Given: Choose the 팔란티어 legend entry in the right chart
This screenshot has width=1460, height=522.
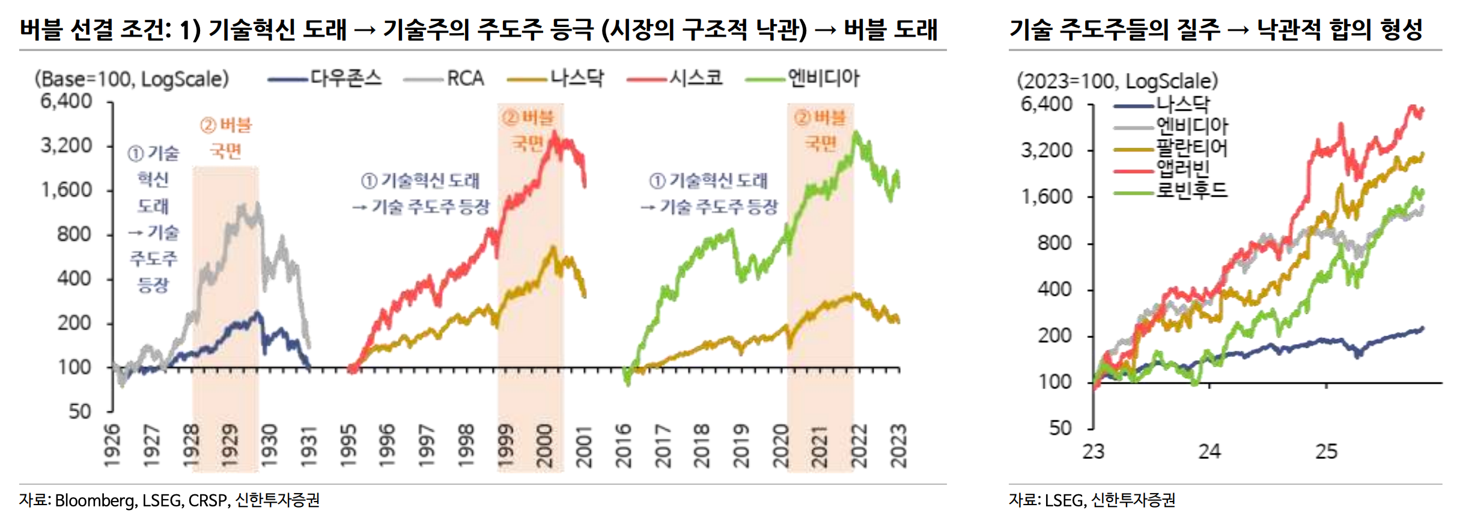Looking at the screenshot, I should point(1192,148).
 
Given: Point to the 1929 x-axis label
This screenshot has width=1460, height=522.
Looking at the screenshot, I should point(230,446).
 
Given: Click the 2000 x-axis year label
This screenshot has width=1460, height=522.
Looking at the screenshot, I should point(544,446).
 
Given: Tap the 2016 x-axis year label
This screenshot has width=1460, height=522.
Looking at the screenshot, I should point(623,446).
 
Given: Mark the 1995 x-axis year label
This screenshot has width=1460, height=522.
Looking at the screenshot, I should point(348,446).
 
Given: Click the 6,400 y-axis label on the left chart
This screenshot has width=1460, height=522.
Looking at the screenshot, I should point(66,101).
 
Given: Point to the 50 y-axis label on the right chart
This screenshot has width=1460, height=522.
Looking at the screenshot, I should point(1060,428).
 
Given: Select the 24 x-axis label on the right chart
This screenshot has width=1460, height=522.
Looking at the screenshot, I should point(1209,452).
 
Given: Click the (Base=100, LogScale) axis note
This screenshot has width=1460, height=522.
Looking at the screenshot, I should point(132,79).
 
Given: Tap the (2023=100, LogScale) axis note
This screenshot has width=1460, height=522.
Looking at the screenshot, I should point(1117,81).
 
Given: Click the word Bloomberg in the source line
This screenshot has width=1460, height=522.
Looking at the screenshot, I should point(95,500).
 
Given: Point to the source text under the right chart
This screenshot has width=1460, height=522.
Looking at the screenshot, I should point(1092,500).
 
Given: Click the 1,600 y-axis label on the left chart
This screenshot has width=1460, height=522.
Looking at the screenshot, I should point(66,190).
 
